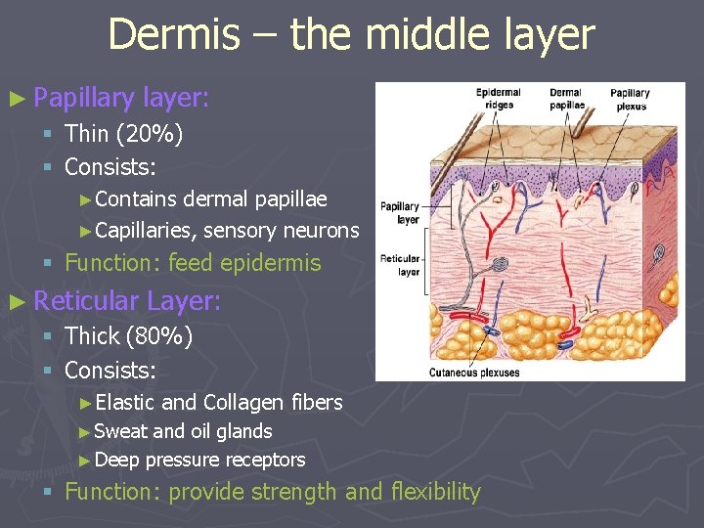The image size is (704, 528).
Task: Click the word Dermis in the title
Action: point(173,34)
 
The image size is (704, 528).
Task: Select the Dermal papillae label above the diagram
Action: point(566,98)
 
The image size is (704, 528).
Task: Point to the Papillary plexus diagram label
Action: point(630,99)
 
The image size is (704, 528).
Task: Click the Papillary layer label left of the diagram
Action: point(399,212)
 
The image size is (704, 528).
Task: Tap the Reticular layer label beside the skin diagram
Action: point(399,265)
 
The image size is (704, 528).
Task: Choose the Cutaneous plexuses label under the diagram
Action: point(475,372)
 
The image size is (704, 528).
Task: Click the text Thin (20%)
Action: point(123,134)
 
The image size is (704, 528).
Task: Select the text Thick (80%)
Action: point(128,336)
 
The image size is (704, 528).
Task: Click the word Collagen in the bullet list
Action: point(241,402)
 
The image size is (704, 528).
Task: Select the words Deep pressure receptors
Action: point(201,460)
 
